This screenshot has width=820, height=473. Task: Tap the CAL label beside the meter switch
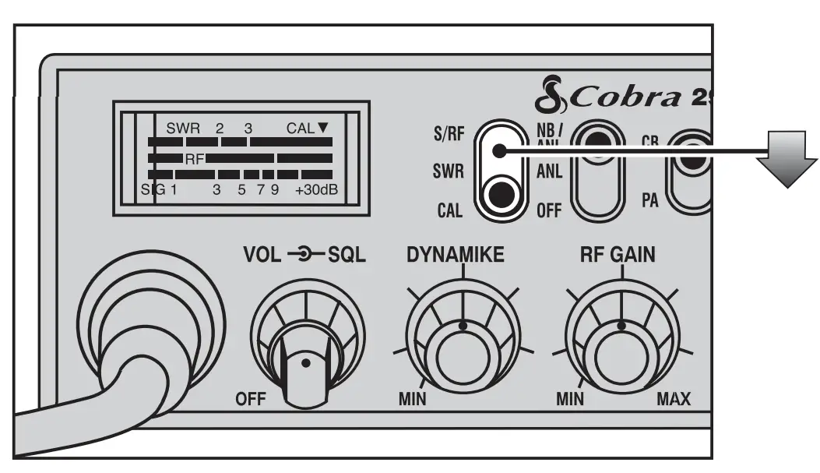[449, 210]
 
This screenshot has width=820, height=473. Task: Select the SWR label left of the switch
[448, 172]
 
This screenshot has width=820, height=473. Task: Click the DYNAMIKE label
[463, 254]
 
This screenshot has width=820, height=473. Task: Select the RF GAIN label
[621, 254]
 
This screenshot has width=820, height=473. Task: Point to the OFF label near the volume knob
[250, 401]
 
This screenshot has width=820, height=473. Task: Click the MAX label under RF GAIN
[674, 401]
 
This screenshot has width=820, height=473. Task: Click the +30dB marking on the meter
[315, 189]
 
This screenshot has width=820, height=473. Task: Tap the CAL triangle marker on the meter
[323, 129]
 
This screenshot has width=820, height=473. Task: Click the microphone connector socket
[148, 327]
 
